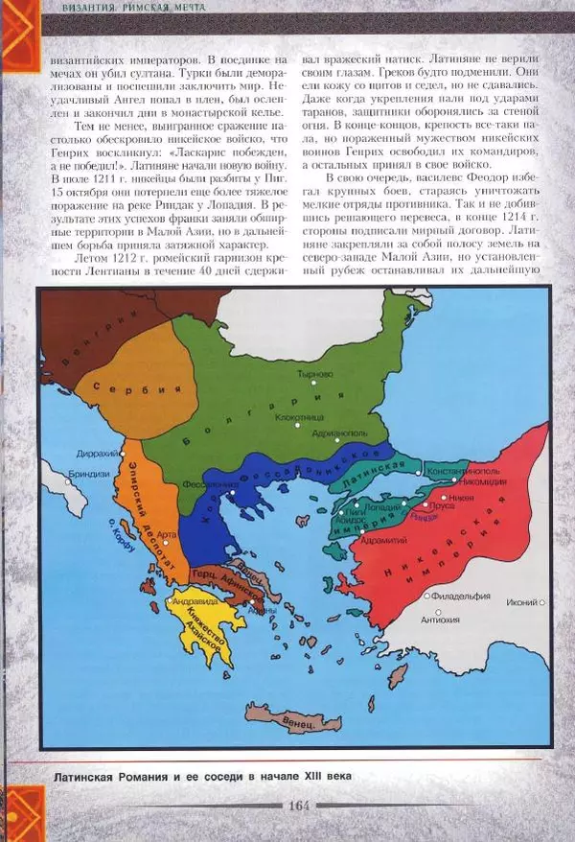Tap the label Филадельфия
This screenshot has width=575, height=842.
coord(460,596)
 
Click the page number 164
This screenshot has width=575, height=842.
coord(297,805)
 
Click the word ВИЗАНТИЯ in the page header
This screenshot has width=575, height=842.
coord(95,8)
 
